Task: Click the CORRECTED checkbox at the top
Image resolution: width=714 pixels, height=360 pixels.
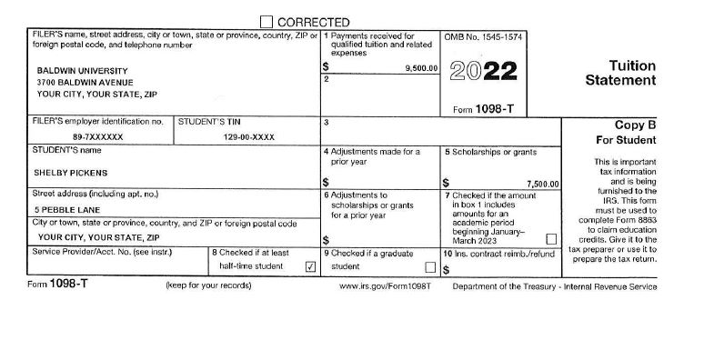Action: coord(266,21)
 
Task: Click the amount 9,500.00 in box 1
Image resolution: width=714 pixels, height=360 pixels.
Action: coord(419,68)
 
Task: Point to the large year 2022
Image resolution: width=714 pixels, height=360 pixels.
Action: coord(484,71)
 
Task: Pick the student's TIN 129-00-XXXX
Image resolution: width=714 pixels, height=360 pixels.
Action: coord(249,137)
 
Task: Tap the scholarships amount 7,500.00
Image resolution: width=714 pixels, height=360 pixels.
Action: coord(543,184)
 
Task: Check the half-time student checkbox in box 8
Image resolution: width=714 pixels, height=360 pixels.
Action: coord(310,267)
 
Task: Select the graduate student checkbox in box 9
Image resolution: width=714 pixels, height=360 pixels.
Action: coord(431,267)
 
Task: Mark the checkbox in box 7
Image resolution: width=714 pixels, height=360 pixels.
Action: coord(551,238)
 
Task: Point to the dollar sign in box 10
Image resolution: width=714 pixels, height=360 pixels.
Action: coord(447,270)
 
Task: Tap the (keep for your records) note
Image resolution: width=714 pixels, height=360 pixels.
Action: coord(208,286)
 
